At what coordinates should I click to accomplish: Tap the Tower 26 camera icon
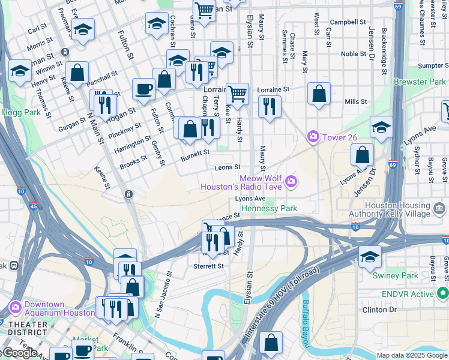pyautogui.click(x=313, y=137)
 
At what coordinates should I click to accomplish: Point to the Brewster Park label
pyautogui.click(x=420, y=82)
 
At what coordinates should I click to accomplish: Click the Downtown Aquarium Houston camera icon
pyautogui.click(x=16, y=308)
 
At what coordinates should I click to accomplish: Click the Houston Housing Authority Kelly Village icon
pyautogui.click(x=439, y=209)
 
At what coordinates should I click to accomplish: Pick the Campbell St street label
pyautogui.click(x=348, y=22)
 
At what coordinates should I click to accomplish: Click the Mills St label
pyautogui.click(x=355, y=102)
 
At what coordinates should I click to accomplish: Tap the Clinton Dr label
pyautogui.click(x=379, y=310)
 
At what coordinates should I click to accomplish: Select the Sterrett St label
pyautogui.click(x=208, y=266)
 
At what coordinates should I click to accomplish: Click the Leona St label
pyautogui.click(x=228, y=167)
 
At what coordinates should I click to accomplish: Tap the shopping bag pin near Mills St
pyautogui.click(x=319, y=94)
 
